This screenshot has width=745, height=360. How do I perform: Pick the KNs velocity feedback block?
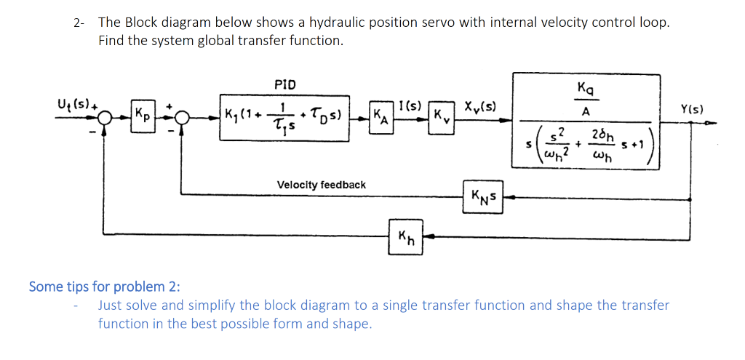tap(482, 195)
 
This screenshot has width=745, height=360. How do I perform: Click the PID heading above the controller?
tap(285, 84)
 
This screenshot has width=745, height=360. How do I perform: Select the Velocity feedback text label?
tap(321, 185)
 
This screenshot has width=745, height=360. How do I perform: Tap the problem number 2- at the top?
tap(80, 23)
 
